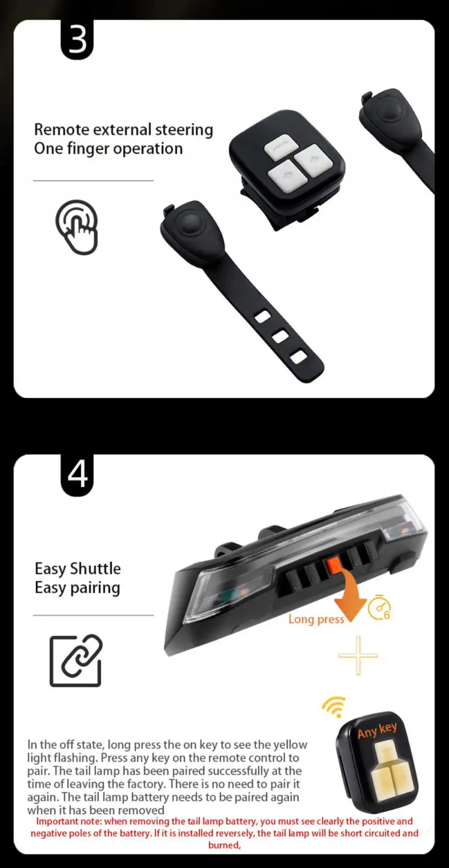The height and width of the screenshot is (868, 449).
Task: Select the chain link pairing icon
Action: (x=76, y=661)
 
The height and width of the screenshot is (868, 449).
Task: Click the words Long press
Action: (x=315, y=619)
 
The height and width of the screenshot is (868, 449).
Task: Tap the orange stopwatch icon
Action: (x=379, y=608)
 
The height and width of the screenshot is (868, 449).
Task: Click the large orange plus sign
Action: (x=358, y=655)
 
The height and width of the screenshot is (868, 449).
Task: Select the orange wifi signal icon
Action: (x=334, y=708)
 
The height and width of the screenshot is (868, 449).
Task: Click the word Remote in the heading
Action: (x=61, y=130)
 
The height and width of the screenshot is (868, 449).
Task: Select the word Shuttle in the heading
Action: (x=95, y=569)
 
